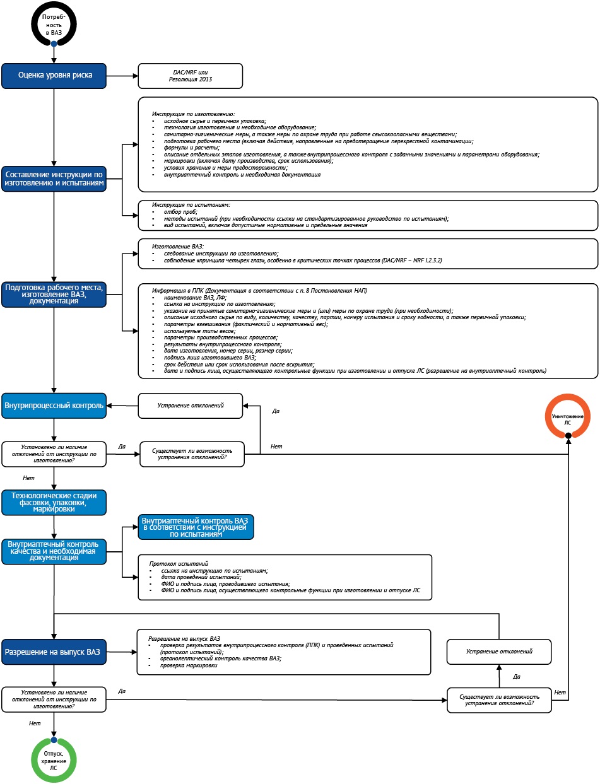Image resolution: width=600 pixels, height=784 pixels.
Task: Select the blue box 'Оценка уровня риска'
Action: pyautogui.click(x=54, y=76)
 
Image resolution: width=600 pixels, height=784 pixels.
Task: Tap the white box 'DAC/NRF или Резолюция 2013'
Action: pyautogui.click(x=191, y=76)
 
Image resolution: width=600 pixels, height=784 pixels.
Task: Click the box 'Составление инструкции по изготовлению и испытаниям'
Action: pyautogui.click(x=54, y=178)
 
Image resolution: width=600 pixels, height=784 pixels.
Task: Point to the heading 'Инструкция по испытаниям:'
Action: pyautogui.click(x=191, y=205)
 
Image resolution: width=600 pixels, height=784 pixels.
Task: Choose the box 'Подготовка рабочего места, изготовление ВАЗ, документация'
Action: pyautogui.click(x=54, y=295)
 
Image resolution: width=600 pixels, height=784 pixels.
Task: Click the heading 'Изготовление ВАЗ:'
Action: pyautogui.click(x=178, y=247)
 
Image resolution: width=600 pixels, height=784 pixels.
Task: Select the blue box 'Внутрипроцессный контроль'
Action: pyautogui.click(x=54, y=406)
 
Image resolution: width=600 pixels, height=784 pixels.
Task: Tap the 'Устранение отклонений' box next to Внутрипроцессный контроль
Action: pyautogui.click(x=191, y=406)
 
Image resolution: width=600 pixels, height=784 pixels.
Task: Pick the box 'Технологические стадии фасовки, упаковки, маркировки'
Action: pyautogui.click(x=54, y=502)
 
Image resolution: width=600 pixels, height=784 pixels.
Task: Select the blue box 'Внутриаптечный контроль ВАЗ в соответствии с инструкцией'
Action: pyautogui.click(x=196, y=527)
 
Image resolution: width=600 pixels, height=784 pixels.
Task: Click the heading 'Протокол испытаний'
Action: pyautogui.click(x=179, y=564)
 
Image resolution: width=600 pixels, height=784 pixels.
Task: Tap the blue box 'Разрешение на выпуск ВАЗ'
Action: pyautogui.click(x=54, y=652)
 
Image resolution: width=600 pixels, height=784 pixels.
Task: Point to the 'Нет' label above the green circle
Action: pyautogui.click(x=35, y=723)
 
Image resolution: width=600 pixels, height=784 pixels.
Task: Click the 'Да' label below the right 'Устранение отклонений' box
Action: pyautogui.click(x=517, y=677)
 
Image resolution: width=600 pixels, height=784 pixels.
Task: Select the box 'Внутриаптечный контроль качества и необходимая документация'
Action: pyautogui.click(x=54, y=551)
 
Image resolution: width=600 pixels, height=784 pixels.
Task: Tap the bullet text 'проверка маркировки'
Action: pyautogui.click(x=189, y=665)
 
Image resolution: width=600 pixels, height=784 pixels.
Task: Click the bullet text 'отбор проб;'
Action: pyautogui.click(x=180, y=212)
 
